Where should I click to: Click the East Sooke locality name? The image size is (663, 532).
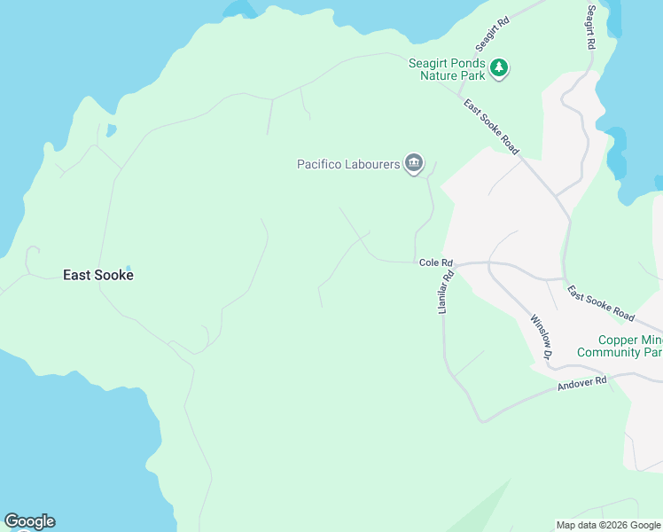point(97,275)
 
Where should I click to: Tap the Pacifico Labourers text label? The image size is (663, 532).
point(347,164)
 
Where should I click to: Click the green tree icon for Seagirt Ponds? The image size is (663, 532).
point(499,67)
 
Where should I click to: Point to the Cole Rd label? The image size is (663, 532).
point(436,263)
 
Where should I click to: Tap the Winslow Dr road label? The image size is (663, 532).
point(541,337)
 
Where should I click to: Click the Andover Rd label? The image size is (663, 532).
point(581,384)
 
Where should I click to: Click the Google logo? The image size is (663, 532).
point(29,521)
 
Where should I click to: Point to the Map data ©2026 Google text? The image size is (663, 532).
point(608,525)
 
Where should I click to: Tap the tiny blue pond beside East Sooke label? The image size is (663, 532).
point(128,268)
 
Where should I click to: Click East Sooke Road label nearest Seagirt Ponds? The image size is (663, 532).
point(491,127)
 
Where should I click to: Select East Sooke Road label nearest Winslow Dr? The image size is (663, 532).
point(601,303)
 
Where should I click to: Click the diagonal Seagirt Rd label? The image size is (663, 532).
point(492,34)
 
